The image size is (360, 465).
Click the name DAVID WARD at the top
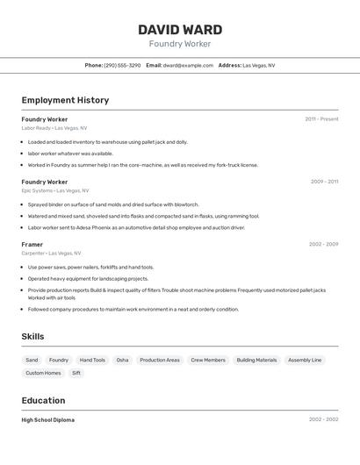[180, 30]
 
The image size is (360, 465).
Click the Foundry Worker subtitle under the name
[180, 44]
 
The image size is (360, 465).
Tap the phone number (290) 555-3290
[122, 66]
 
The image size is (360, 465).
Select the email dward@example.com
[188, 66]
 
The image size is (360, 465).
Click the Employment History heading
[65, 100]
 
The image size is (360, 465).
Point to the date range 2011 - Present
[321, 119]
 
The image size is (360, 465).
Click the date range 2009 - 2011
[324, 182]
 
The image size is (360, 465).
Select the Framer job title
[32, 244]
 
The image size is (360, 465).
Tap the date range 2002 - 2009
[323, 244]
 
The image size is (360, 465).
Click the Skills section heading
[32, 337]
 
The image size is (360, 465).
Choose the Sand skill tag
[32, 360]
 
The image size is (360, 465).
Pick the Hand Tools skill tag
[92, 360]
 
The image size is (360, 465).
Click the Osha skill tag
[122, 360]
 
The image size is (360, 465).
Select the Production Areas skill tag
[160, 360]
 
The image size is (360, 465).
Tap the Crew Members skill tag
[208, 360]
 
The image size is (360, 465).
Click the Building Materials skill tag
[256, 360]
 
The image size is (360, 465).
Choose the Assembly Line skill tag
[305, 360]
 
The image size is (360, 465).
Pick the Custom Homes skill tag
[43, 373]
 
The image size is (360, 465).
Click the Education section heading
[43, 400]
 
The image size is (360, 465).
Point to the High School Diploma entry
[48, 420]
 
